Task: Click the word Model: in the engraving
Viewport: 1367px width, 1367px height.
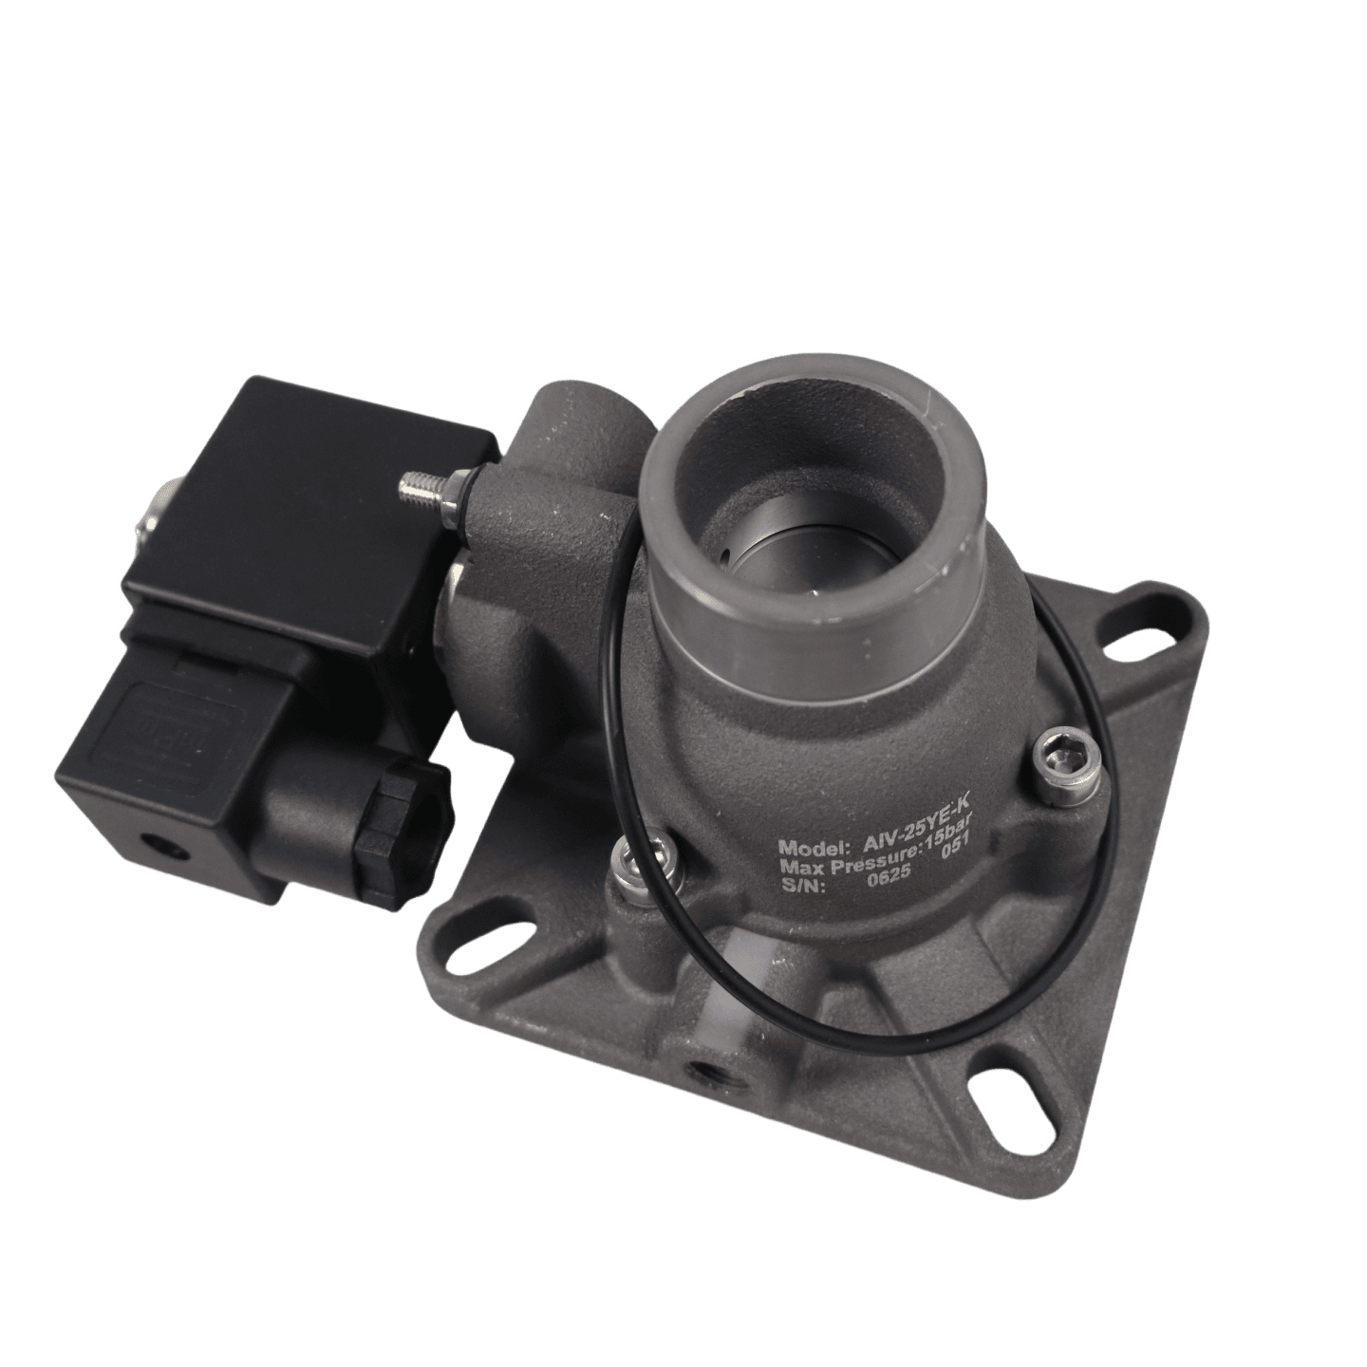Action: (810, 847)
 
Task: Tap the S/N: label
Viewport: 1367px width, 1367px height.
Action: (802, 889)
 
